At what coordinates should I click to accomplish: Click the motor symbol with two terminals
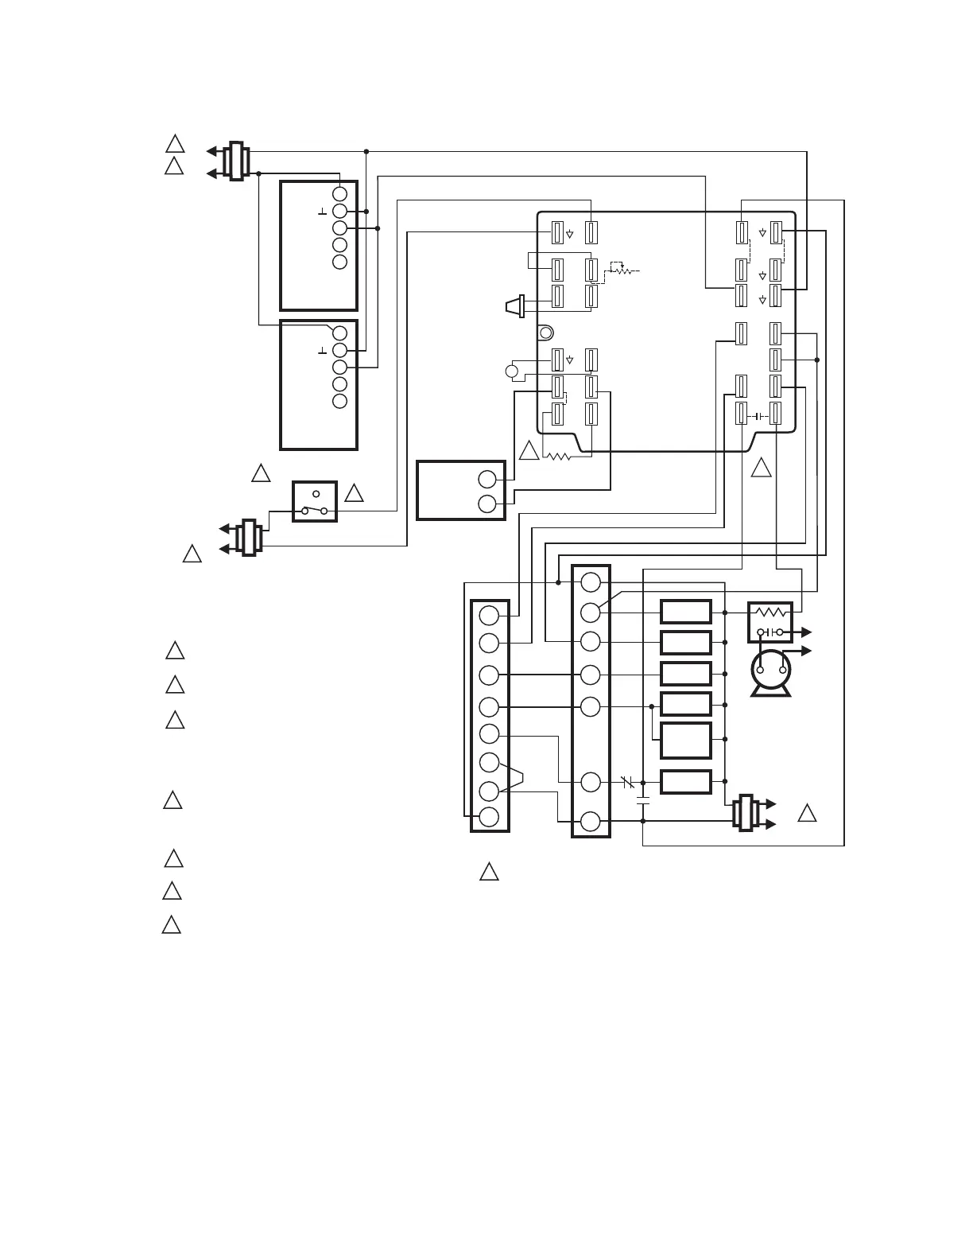click(770, 673)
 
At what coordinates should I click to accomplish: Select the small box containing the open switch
click(315, 501)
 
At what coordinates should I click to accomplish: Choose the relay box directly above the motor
click(770, 622)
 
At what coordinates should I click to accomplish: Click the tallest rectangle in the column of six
click(686, 741)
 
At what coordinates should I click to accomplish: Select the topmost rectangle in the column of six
click(686, 612)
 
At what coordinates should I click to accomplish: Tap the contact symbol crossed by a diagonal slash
click(628, 783)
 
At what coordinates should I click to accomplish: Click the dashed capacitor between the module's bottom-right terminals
click(759, 415)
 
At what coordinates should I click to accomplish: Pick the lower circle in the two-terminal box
click(487, 504)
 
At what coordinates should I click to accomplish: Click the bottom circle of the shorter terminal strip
click(490, 817)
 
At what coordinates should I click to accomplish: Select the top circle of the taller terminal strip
click(591, 582)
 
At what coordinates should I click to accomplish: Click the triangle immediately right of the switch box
click(355, 493)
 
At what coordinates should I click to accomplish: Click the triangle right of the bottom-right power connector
click(807, 814)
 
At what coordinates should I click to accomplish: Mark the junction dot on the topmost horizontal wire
click(366, 151)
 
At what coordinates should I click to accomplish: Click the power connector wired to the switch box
click(251, 537)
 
